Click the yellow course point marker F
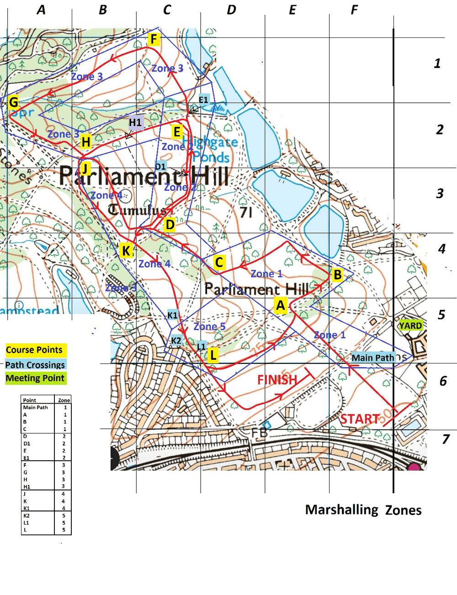154,39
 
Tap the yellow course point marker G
14,102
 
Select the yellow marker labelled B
337,275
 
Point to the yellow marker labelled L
213,355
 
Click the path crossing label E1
203,100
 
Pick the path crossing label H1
135,122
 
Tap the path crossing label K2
176,341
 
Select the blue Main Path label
372,358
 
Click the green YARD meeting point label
410,326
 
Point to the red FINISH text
277,380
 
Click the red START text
360,419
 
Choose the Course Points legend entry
34,350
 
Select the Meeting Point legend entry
35,378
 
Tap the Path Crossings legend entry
35,364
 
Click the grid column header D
232,10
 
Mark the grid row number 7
446,439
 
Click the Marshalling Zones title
363,510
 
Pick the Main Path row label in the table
35,407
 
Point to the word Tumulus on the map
137,210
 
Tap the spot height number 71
246,212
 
